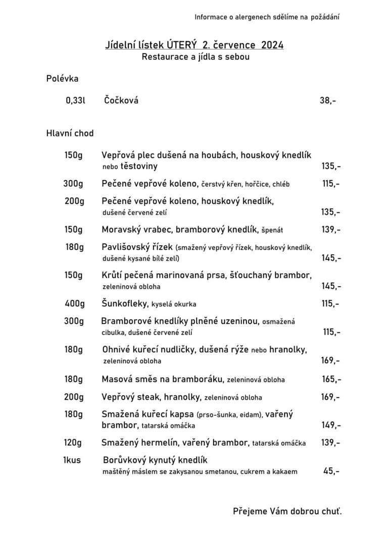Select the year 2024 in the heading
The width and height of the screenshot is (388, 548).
coord(272,45)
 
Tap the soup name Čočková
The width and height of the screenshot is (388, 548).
coord(121,100)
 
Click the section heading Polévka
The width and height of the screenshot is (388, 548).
coord(62,78)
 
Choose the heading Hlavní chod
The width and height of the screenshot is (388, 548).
coord(70,134)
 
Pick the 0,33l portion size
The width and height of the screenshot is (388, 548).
coord(76,100)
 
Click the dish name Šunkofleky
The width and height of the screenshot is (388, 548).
coord(125,304)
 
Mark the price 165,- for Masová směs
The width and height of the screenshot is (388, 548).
coord(331,379)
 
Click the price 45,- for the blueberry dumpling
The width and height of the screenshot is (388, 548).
coord(331,471)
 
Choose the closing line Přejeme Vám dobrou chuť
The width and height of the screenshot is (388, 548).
coord(287,511)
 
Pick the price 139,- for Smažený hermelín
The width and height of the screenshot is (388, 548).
coord(330,443)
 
